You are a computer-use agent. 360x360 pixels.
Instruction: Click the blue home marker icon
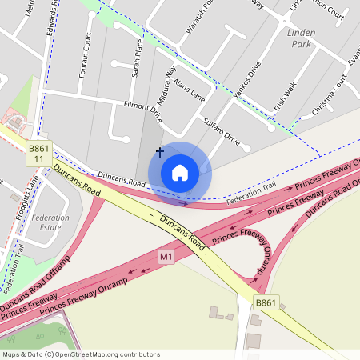(x=180, y=172)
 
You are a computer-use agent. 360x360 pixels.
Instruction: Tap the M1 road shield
(x=166, y=257)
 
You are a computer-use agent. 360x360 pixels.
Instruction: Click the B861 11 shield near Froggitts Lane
(x=38, y=154)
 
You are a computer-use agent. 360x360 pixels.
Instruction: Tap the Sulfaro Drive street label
(x=222, y=130)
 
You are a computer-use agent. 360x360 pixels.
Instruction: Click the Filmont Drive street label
(x=142, y=111)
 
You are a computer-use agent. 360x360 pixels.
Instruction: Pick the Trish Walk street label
(x=285, y=96)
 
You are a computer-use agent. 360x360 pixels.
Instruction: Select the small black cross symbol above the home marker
(x=160, y=151)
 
